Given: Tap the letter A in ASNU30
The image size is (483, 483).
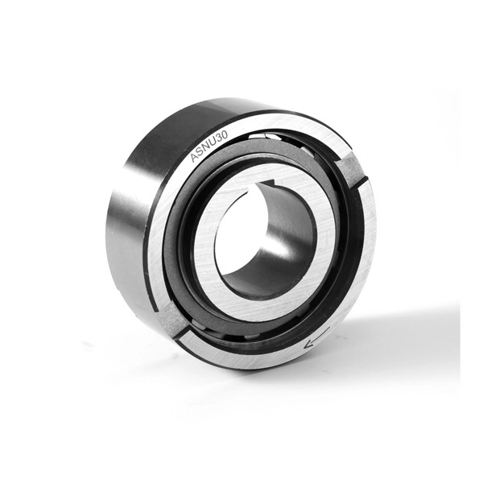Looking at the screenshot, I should point(195,157).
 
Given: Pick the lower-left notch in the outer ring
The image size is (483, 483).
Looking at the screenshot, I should point(171,320).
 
